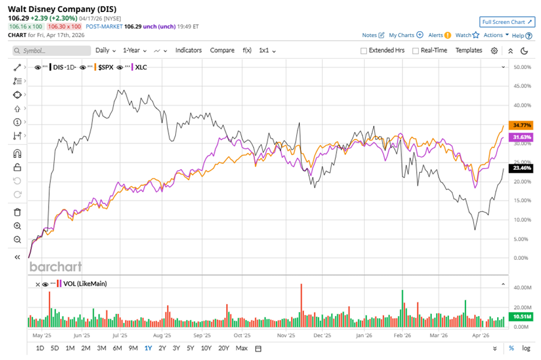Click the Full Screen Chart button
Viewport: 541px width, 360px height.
tap(507, 22)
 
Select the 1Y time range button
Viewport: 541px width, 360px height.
tap(148, 348)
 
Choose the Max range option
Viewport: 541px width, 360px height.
tap(242, 348)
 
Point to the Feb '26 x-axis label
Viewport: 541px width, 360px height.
tap(401, 336)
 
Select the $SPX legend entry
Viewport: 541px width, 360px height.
tap(106, 67)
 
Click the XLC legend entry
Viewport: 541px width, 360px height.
tap(141, 67)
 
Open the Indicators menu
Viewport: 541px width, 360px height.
tap(188, 50)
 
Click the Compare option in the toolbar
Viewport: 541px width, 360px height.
tap(222, 50)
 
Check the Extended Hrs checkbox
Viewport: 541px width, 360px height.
tap(364, 51)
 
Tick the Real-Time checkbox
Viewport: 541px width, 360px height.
tap(415, 51)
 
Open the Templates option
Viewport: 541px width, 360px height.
tap(468, 50)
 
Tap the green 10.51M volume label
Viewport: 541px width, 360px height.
tap(519, 316)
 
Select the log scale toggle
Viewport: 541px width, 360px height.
tap(526, 348)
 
